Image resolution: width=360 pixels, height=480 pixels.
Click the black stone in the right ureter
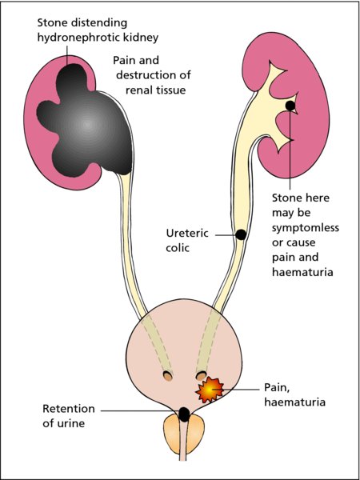pos(241,234)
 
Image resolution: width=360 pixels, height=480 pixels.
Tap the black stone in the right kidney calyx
pos(290,106)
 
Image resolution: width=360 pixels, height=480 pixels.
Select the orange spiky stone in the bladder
pos(209,390)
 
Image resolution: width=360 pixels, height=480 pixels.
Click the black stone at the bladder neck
pos(184,414)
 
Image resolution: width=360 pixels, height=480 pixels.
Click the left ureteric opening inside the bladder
pos(168,376)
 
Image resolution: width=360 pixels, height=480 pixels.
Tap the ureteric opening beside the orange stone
pos(201,375)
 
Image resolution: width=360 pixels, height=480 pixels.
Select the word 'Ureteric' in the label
pos(187,234)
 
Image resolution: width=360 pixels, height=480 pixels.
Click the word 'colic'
pos(178,248)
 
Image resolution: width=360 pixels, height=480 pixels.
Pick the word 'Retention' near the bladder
pos(69,409)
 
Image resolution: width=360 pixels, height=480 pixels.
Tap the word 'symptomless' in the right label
pos(306,228)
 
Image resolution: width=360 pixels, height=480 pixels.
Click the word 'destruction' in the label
pos(146,75)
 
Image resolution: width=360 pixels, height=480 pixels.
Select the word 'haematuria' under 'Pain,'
pos(294,402)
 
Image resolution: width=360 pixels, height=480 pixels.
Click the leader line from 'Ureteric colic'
pos(226,235)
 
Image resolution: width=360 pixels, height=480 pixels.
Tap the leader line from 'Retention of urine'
pos(141,411)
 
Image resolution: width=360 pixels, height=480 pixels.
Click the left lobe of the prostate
pos(172,434)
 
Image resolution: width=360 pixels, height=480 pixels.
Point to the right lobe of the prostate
pos(195,434)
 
